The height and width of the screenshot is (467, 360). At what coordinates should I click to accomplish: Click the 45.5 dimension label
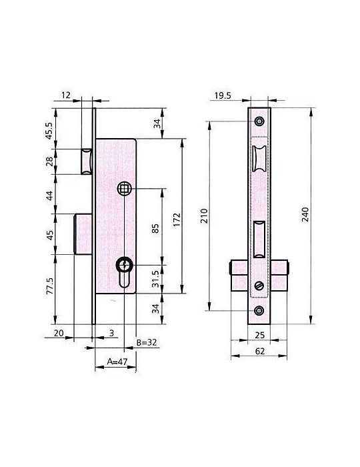(x=49, y=131)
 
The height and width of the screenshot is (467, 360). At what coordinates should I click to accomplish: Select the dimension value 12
(x=66, y=95)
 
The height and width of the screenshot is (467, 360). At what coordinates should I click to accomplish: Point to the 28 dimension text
(x=49, y=161)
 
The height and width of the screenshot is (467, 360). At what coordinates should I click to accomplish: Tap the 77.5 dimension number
(x=49, y=286)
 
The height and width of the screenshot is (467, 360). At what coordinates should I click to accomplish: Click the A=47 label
(x=117, y=362)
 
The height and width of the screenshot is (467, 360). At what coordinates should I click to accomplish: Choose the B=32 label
(x=147, y=342)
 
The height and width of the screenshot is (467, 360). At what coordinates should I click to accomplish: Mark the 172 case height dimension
(x=177, y=219)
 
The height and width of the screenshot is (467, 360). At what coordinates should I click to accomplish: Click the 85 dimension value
(x=155, y=228)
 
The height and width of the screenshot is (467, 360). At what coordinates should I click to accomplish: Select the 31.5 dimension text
(x=155, y=279)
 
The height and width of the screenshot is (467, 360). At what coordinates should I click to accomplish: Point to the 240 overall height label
(x=305, y=214)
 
